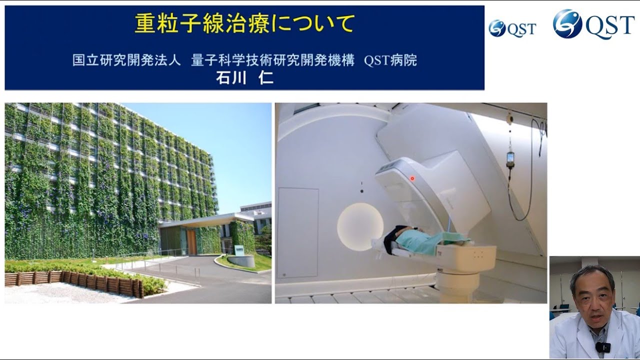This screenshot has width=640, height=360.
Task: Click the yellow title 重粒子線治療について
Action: [x=244, y=23]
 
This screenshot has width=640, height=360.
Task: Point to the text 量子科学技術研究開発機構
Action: [x=272, y=61]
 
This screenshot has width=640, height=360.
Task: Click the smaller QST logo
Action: [x=512, y=28]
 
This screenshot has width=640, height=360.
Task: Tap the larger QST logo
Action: [x=593, y=24]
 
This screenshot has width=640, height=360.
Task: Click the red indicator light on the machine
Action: [x=412, y=178]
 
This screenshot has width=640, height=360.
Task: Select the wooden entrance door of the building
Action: [x=191, y=241]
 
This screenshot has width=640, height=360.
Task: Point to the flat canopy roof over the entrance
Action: [x=205, y=220]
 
